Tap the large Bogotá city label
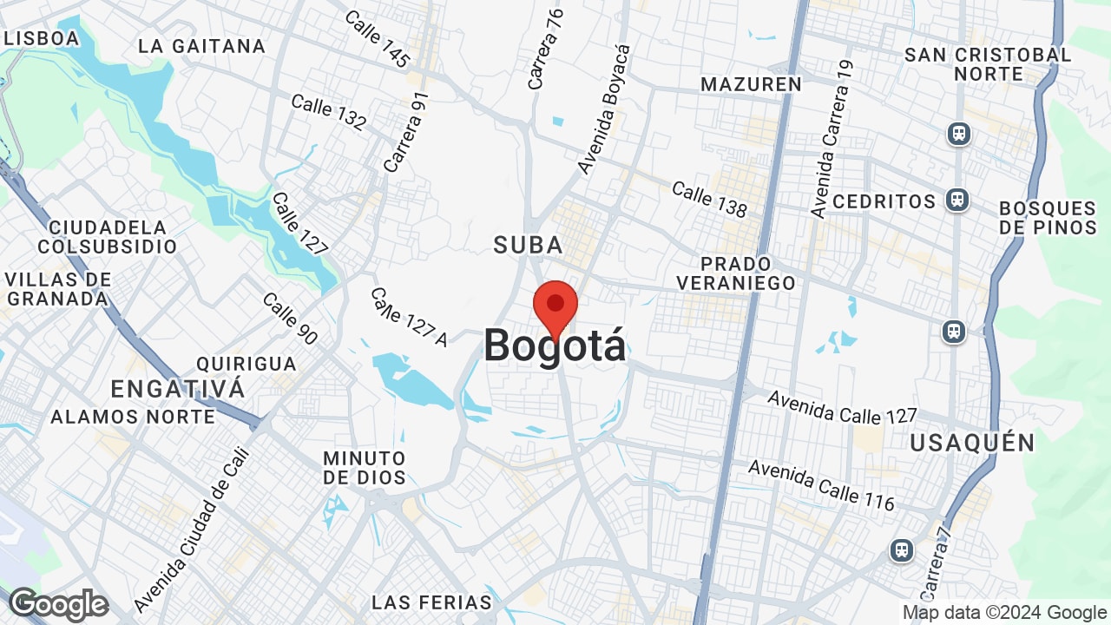[555, 346]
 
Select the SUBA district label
[529, 246]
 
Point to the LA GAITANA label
[201, 46]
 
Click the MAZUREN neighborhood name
[752, 84]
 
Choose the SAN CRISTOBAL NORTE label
[988, 64]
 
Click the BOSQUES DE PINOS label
[1048, 218]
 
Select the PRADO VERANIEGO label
[736, 273]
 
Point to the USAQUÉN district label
[972, 444]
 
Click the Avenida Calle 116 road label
[821, 485]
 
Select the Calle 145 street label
[377, 39]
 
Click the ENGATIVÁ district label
[178, 388]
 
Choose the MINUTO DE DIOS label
[365, 467]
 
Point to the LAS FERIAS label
[431, 602]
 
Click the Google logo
[58, 604]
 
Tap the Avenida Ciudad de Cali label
[191, 530]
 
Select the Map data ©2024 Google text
[1004, 613]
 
